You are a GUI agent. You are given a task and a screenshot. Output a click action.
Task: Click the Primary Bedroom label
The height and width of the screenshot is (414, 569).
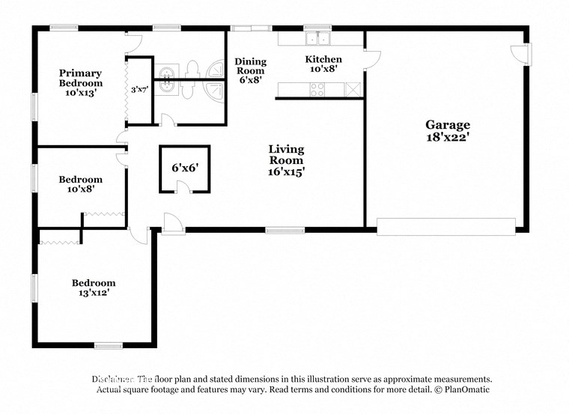click(x=81, y=78)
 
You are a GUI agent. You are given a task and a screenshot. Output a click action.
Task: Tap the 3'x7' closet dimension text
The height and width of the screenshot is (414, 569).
click(x=139, y=90)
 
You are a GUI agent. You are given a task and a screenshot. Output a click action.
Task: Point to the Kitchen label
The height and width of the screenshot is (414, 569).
click(x=323, y=59)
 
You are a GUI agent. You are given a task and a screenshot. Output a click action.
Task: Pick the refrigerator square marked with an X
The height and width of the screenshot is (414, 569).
click(x=353, y=90)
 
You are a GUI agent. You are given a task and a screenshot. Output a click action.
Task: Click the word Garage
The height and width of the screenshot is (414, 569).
click(x=448, y=125)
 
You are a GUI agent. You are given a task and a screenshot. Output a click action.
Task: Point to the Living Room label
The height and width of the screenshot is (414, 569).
click(x=286, y=154)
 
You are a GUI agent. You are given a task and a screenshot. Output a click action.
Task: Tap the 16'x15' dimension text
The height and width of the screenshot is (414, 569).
click(x=286, y=171)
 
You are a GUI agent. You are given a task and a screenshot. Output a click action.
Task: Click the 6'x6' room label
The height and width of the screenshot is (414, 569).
click(x=184, y=168)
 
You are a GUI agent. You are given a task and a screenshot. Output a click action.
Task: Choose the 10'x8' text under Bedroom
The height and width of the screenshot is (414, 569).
click(x=81, y=189)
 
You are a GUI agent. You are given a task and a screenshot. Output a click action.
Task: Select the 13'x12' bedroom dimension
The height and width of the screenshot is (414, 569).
click(x=94, y=293)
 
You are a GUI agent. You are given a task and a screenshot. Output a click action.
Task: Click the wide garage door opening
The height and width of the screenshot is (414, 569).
click(x=445, y=226)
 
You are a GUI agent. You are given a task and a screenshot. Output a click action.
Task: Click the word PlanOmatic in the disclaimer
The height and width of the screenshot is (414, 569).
click(x=467, y=389)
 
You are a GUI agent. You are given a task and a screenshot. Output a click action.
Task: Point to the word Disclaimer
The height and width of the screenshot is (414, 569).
click(x=112, y=379)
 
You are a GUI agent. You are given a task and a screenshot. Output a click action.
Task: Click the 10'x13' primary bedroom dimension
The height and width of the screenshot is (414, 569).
click(x=81, y=94)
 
